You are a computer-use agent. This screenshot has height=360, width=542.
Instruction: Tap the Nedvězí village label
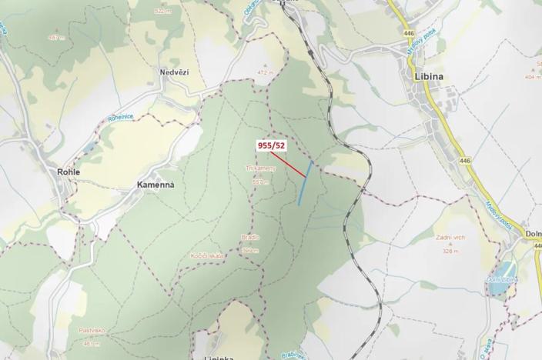(x=174, y=72)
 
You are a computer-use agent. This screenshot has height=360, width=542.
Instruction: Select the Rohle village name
(x=69, y=172)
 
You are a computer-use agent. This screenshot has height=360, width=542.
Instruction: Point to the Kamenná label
(x=156, y=185)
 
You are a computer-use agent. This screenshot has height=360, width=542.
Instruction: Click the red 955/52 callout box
(x=271, y=145)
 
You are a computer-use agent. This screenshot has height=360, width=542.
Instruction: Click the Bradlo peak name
(x=250, y=238)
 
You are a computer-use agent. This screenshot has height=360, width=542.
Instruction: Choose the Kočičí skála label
(x=207, y=255)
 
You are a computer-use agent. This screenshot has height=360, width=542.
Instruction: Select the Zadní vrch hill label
(x=450, y=239)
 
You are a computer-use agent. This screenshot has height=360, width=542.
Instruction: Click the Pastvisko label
(x=92, y=330)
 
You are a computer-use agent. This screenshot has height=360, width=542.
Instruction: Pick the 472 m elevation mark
(x=266, y=72)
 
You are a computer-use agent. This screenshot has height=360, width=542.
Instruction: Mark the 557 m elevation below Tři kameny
(x=259, y=182)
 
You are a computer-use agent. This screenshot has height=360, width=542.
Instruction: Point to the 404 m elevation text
(x=533, y=77)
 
